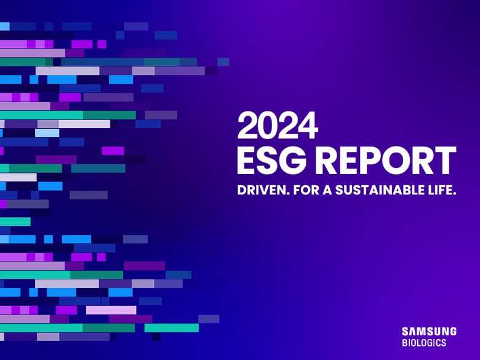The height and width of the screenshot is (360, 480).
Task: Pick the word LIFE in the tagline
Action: [442, 192]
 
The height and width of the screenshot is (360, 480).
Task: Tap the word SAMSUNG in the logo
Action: [430, 332]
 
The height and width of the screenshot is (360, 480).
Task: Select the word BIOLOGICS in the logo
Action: [424, 343]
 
